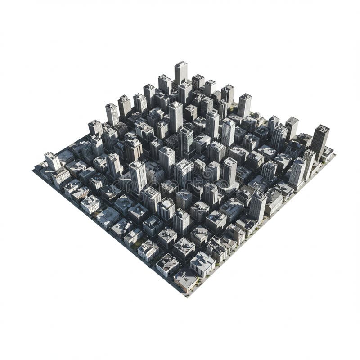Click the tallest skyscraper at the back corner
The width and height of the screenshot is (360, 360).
pos(181,72)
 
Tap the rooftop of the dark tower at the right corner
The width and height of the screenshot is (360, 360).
pos(322,129)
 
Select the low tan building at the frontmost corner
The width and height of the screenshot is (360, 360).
pos(185,281)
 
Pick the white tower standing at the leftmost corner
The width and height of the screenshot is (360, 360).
pos(52,160)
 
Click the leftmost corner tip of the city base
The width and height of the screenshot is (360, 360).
pos(34,170)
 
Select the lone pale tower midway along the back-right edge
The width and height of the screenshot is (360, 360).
pos(244,105)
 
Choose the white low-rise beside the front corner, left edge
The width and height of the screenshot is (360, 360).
pos(167,265)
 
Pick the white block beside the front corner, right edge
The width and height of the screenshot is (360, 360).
pos(202,264)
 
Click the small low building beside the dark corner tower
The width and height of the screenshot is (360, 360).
pos(327,153)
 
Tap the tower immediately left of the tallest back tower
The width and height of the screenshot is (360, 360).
pos(165,84)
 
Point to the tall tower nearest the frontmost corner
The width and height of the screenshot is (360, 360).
pos(182,220)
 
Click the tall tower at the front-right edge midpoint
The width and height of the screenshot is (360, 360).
pos(258,205)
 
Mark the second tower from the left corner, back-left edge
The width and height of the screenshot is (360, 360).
pos(95,127)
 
